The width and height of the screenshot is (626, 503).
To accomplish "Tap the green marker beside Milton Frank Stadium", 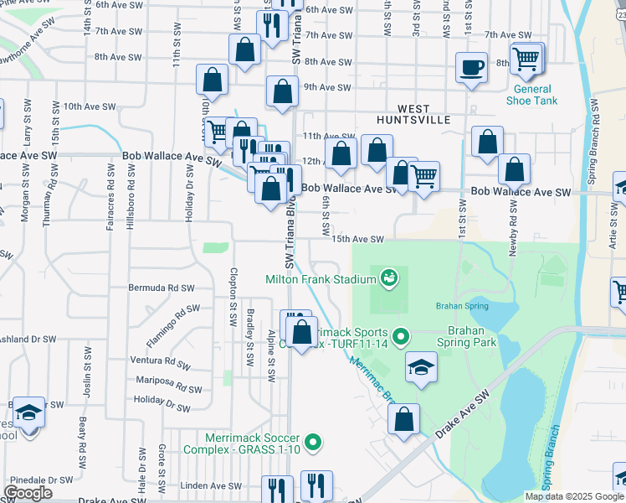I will [x=388, y=276].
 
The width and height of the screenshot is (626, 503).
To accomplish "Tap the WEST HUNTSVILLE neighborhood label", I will [x=424, y=114].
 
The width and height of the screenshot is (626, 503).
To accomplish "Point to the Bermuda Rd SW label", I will [x=162, y=288].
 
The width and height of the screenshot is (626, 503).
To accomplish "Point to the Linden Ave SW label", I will [x=211, y=485].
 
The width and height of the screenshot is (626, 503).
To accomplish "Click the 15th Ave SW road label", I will [x=358, y=240].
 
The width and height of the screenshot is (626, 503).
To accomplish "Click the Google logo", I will [x=28, y=493].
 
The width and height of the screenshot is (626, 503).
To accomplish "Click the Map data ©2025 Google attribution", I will [x=573, y=496].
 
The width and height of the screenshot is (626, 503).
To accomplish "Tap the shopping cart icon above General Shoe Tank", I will [x=526, y=59].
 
